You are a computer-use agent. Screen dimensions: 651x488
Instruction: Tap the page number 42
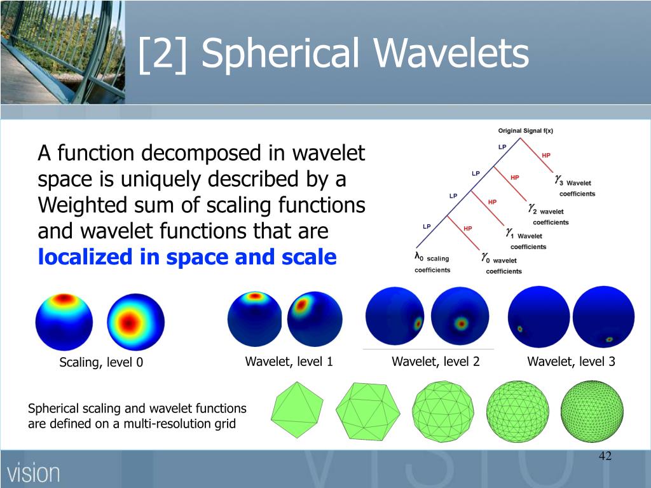click(x=605, y=456)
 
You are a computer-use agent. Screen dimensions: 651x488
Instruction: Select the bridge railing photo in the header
click(x=63, y=52)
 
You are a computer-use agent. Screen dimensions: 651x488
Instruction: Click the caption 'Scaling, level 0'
click(x=101, y=362)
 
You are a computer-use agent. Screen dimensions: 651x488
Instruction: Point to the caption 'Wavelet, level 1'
click(x=289, y=362)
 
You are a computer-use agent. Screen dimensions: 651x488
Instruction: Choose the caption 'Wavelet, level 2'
click(x=435, y=362)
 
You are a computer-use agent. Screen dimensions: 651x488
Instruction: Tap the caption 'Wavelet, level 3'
click(x=572, y=362)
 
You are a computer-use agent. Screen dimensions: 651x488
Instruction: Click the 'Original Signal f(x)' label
click(x=526, y=131)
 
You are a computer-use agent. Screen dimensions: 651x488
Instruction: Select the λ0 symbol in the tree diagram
click(x=418, y=257)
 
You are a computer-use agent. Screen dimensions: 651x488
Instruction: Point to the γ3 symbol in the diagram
click(x=559, y=180)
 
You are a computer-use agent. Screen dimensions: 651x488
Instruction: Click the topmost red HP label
click(x=546, y=155)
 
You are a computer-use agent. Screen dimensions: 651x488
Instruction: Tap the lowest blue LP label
click(x=427, y=227)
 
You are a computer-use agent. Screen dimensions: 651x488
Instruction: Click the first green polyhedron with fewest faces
click(x=297, y=410)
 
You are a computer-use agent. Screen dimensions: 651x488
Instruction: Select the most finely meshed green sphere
click(x=592, y=412)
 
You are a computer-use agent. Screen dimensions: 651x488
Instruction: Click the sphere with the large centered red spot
click(x=136, y=322)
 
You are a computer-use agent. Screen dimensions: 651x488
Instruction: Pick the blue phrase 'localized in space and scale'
click(x=188, y=257)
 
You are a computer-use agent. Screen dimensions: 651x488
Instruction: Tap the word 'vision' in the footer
click(x=33, y=473)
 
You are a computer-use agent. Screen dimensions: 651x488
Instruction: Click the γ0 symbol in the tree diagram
click(x=486, y=258)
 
